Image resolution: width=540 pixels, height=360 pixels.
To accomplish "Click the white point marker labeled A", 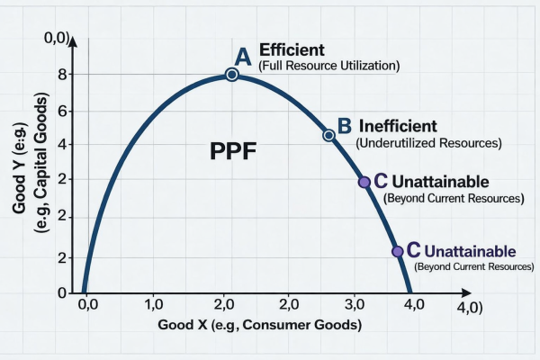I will click(232, 75).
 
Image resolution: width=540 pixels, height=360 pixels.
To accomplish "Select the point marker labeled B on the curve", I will click(328, 135).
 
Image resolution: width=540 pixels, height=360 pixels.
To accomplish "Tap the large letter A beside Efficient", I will click(240, 56).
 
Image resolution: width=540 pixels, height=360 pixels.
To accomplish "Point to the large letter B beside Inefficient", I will click(344, 126).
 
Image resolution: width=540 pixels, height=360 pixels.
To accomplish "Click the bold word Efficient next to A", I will click(292, 49).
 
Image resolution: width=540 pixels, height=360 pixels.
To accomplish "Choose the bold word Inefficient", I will click(398, 126).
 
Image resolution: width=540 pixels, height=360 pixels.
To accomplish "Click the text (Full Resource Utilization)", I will click(328, 66).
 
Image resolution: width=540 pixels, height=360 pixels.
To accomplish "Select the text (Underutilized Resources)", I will click(428, 142).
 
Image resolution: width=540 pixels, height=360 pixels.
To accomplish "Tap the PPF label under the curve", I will click(232, 150).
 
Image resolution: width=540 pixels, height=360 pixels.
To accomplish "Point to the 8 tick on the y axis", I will click(63, 76).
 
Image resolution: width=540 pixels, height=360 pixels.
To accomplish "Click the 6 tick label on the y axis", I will click(63, 111).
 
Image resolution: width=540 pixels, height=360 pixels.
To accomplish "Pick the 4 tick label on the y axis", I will click(63, 145).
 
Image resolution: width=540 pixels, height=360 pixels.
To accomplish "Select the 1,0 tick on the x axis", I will click(153, 304).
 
